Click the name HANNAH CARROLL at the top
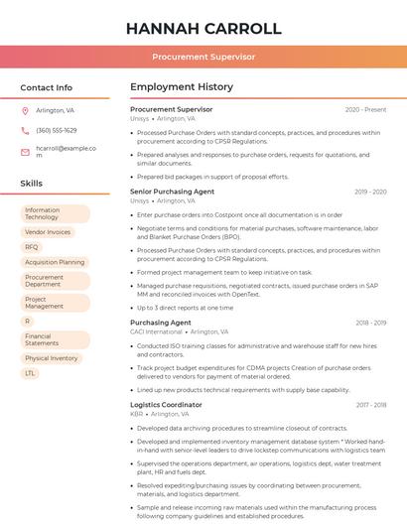pyautogui.click(x=203, y=29)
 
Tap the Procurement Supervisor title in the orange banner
pyautogui.click(x=203, y=58)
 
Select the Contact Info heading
pyautogui.click(x=46, y=87)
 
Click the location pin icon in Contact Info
pyautogui.click(x=25, y=111)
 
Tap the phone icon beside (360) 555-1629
pyautogui.click(x=25, y=130)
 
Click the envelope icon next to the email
pyautogui.click(x=25, y=152)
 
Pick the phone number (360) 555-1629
pyautogui.click(x=56, y=130)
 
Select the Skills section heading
pyautogui.click(x=31, y=184)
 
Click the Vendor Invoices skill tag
pyautogui.click(x=48, y=232)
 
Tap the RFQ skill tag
pyautogui.click(x=32, y=247)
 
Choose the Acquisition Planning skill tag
pyautogui.click(x=55, y=262)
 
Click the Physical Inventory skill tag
pyautogui.click(x=52, y=358)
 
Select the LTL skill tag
pyautogui.click(x=31, y=373)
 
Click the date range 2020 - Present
pyautogui.click(x=365, y=109)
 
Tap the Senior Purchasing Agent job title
pyautogui.click(x=172, y=192)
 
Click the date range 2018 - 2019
pyautogui.click(x=370, y=323)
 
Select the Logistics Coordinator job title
pyautogui.click(x=166, y=405)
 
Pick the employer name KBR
pyautogui.click(x=137, y=415)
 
